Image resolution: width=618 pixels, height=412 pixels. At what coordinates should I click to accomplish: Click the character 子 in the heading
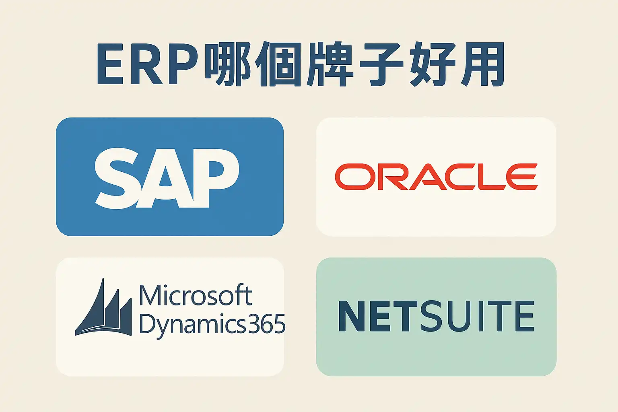click(x=380, y=64)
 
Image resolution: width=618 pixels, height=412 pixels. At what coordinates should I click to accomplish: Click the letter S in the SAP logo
click(x=117, y=178)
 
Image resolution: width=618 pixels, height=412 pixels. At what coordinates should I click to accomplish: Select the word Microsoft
click(x=196, y=295)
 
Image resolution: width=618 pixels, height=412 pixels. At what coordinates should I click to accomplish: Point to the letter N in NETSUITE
click(x=353, y=316)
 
